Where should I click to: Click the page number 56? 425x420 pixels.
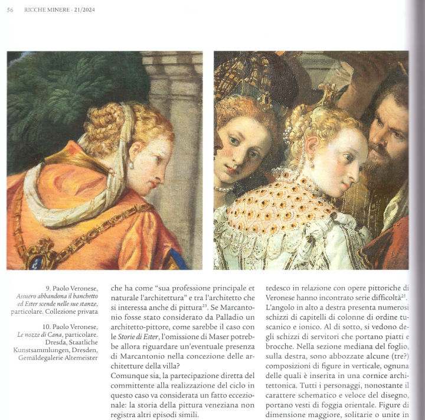tap(10, 9)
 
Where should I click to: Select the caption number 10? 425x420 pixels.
tap(47, 327)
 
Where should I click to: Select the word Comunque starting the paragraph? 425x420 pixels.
tap(131, 376)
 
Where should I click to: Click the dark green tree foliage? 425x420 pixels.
tap(53, 95)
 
